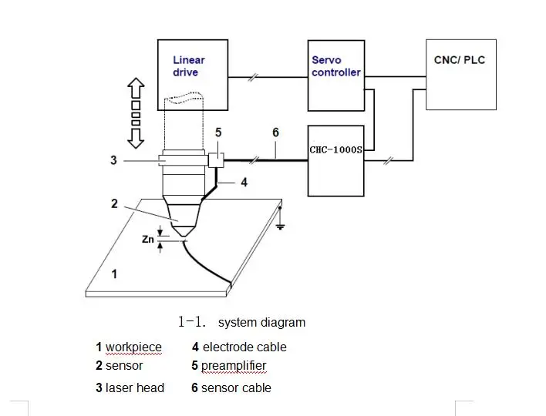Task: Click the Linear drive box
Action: click(x=193, y=75)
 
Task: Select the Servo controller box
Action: click(x=336, y=75)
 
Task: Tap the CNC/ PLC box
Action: click(x=461, y=75)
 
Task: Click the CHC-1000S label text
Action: click(x=335, y=150)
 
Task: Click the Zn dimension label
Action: click(x=147, y=240)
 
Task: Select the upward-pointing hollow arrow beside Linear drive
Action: click(x=136, y=88)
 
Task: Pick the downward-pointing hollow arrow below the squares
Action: click(x=136, y=139)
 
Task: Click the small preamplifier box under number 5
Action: click(x=216, y=160)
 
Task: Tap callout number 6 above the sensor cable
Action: click(x=275, y=133)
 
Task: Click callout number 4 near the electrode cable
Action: click(x=244, y=183)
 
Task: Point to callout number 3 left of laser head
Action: click(x=113, y=160)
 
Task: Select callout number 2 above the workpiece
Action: click(x=114, y=203)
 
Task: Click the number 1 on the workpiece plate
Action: click(x=114, y=274)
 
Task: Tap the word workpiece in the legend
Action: click(x=133, y=347)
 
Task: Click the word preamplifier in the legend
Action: click(x=234, y=366)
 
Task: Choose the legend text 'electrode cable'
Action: click(x=244, y=347)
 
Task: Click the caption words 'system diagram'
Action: click(x=262, y=323)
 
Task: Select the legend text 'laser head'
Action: click(x=135, y=387)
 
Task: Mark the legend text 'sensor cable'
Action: click(x=236, y=387)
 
